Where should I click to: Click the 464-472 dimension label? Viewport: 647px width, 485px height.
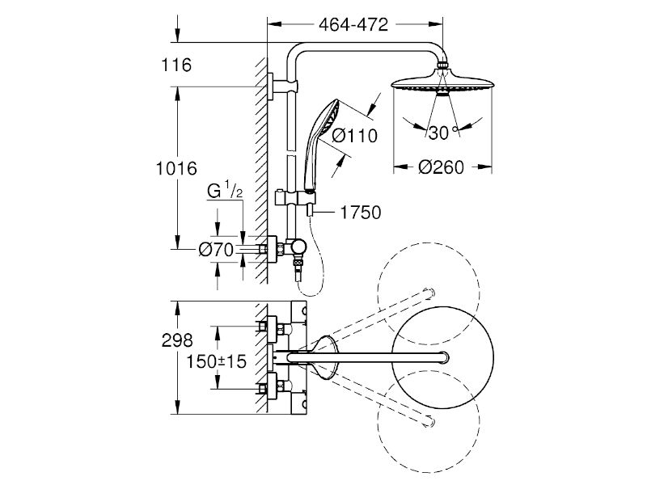click(x=353, y=25)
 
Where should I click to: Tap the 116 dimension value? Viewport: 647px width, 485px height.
click(x=176, y=65)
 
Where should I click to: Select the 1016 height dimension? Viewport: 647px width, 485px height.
click(x=176, y=168)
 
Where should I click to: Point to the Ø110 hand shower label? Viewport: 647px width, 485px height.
click(x=355, y=136)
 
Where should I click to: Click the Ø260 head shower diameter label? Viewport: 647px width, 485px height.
click(x=441, y=167)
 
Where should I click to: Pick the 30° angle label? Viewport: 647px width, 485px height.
click(x=442, y=133)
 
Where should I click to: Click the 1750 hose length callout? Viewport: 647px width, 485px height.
click(x=360, y=213)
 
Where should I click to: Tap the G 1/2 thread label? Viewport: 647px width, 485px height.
click(x=225, y=190)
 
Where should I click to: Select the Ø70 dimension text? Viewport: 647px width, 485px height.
click(x=216, y=250)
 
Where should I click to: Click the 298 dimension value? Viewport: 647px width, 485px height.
click(x=177, y=340)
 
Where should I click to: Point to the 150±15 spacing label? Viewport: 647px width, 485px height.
click(x=216, y=361)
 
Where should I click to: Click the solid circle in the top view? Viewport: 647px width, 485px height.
click(x=391, y=357)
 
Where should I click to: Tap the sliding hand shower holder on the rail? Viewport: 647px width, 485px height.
click(x=296, y=197)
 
